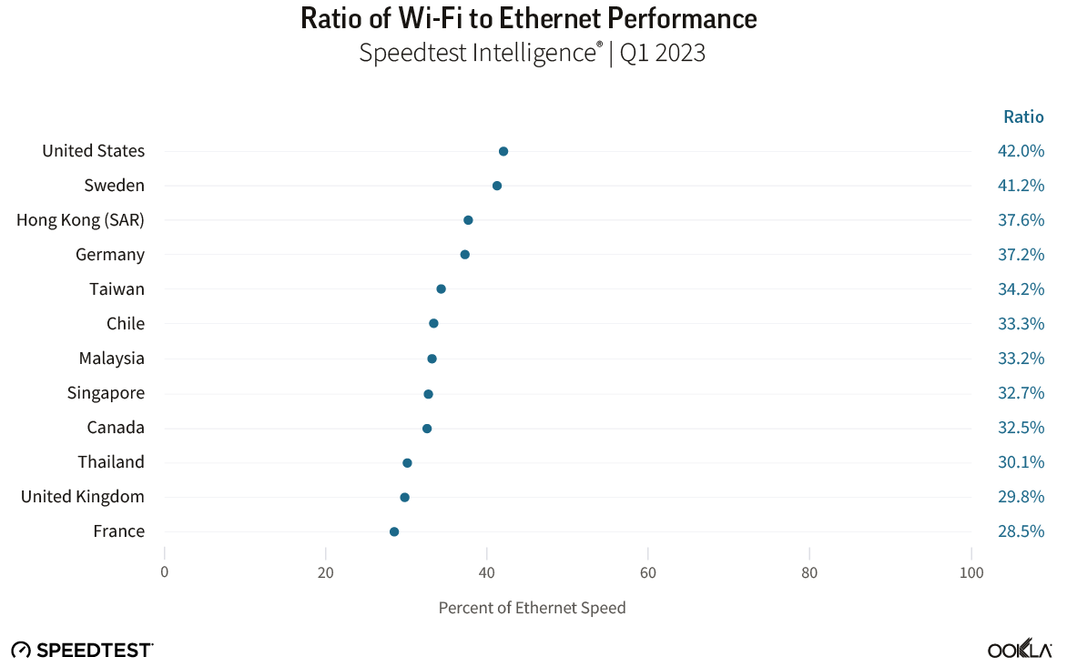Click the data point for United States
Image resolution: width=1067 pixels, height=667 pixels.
(503, 151)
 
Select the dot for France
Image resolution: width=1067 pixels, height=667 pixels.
(394, 531)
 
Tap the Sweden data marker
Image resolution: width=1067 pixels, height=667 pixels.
(497, 186)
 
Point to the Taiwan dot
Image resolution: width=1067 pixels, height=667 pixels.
(441, 289)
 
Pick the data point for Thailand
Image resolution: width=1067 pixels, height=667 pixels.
(407, 463)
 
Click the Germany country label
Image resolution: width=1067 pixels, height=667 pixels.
(110, 255)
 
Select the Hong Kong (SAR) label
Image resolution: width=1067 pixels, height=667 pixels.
(80, 220)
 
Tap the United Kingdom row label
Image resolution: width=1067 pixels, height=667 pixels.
(83, 497)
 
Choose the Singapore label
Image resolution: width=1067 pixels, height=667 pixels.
(106, 393)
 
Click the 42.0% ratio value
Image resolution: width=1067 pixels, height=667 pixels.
(1021, 151)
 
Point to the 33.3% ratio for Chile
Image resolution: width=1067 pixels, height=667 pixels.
(1021, 324)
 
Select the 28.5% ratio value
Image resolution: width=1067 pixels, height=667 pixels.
(1021, 531)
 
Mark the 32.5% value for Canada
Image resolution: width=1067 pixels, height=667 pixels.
(1021, 428)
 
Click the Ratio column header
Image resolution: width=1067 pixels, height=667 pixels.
(1023, 116)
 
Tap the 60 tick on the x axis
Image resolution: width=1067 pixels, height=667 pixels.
(647, 573)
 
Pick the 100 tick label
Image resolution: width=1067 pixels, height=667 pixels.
(971, 573)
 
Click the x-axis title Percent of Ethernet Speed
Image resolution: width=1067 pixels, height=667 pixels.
(532, 608)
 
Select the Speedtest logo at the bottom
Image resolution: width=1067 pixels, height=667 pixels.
(82, 650)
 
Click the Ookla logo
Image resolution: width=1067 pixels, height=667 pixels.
(1020, 650)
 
